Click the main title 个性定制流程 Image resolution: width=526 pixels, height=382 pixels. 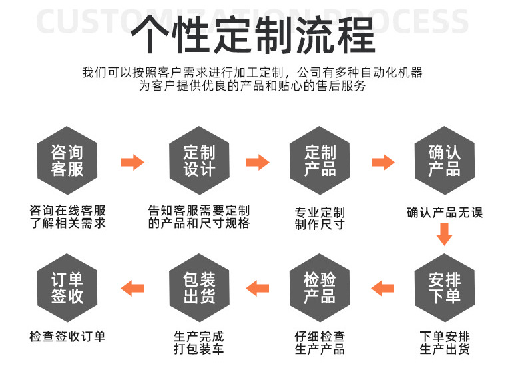[x=254, y=34]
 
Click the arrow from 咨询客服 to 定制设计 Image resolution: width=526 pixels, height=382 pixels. [x=132, y=162]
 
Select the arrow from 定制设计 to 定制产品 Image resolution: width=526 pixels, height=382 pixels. [x=258, y=162]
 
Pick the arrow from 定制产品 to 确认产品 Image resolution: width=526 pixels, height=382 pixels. [x=382, y=162]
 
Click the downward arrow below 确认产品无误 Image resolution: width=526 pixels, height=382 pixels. [x=444, y=235]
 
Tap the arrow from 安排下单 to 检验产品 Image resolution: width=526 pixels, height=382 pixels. [x=382, y=288]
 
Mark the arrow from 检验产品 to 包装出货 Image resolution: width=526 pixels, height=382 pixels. [x=258, y=288]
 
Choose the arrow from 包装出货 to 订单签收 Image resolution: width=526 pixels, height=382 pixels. [x=132, y=288]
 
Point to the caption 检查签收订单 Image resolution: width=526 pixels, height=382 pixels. [x=67, y=337]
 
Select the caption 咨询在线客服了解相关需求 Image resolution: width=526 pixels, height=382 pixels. [x=67, y=217]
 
